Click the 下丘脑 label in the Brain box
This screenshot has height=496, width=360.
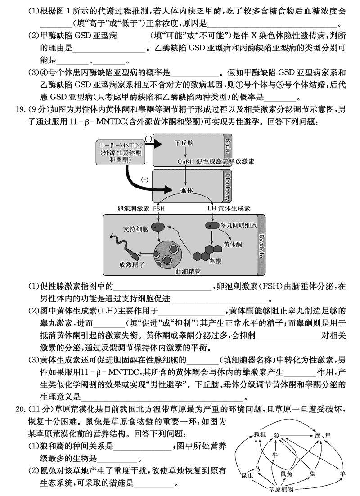pos(184,143)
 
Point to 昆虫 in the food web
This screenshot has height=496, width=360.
pos(247,475)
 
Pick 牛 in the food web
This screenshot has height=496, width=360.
pos(274,454)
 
